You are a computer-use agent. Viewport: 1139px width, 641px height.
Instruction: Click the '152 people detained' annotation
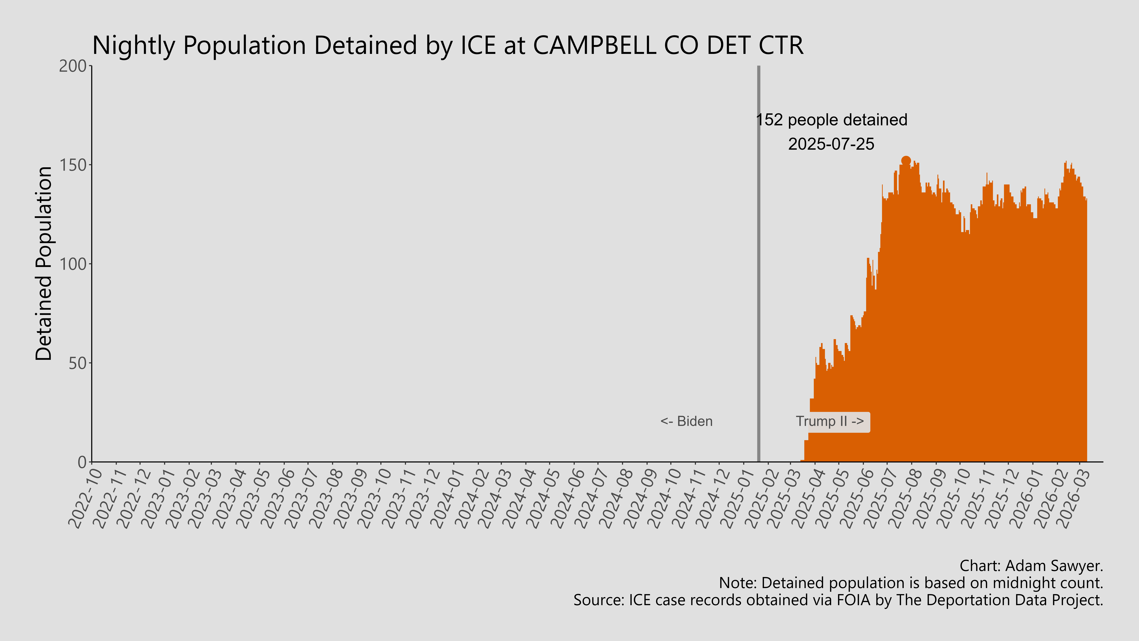tap(831, 120)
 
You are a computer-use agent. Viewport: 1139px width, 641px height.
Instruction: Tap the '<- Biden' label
tap(686, 421)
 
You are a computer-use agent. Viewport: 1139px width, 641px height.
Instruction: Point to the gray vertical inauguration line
tap(759, 265)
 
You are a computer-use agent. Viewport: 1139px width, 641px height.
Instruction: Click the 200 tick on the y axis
tap(73, 66)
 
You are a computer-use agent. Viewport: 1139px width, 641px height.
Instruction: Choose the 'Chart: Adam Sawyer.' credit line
tap(1031, 566)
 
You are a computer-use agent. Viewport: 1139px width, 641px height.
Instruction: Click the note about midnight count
tap(911, 583)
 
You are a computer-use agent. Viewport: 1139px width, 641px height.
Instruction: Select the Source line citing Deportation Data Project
tap(838, 600)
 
